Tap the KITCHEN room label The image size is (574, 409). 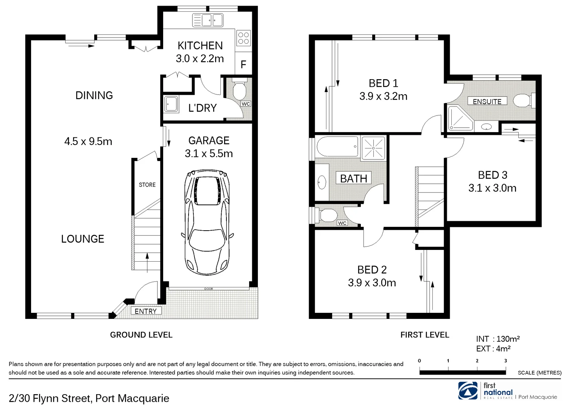pyautogui.click(x=200, y=46)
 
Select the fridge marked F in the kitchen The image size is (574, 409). pyautogui.click(x=243, y=65)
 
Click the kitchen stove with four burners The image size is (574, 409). pyautogui.click(x=243, y=38)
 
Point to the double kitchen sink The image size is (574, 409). pyautogui.click(x=207, y=20)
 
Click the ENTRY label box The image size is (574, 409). pyautogui.click(x=145, y=311)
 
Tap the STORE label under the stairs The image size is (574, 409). pyautogui.click(x=147, y=185)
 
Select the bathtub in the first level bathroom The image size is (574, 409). pyautogui.click(x=337, y=147)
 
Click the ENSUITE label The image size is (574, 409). pyautogui.click(x=487, y=101)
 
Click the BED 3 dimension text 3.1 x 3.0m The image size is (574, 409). pyautogui.click(x=492, y=188)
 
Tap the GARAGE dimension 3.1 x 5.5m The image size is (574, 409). pyautogui.click(x=209, y=154)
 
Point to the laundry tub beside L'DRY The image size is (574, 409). pyautogui.click(x=171, y=104)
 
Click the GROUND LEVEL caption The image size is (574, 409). pyautogui.click(x=141, y=335)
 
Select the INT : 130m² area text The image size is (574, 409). pyautogui.click(x=498, y=339)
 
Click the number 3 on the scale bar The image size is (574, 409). pyautogui.click(x=505, y=361)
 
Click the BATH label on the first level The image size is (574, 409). pyautogui.click(x=353, y=178)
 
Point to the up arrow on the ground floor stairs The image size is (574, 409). pyautogui.click(x=147, y=261)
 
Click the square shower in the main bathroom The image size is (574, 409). pyautogui.click(x=373, y=147)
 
